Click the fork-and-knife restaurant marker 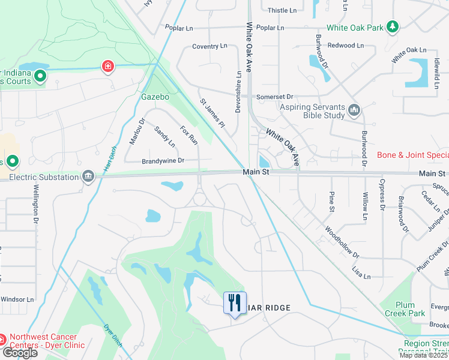tap(235, 302)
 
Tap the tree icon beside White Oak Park tap(393, 26)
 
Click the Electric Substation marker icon tap(88, 176)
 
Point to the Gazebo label tap(155, 96)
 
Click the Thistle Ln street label tap(282, 10)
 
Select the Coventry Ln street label tap(209, 46)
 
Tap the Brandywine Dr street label tap(163, 161)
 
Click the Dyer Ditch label tap(113, 335)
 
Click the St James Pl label tap(212, 112)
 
